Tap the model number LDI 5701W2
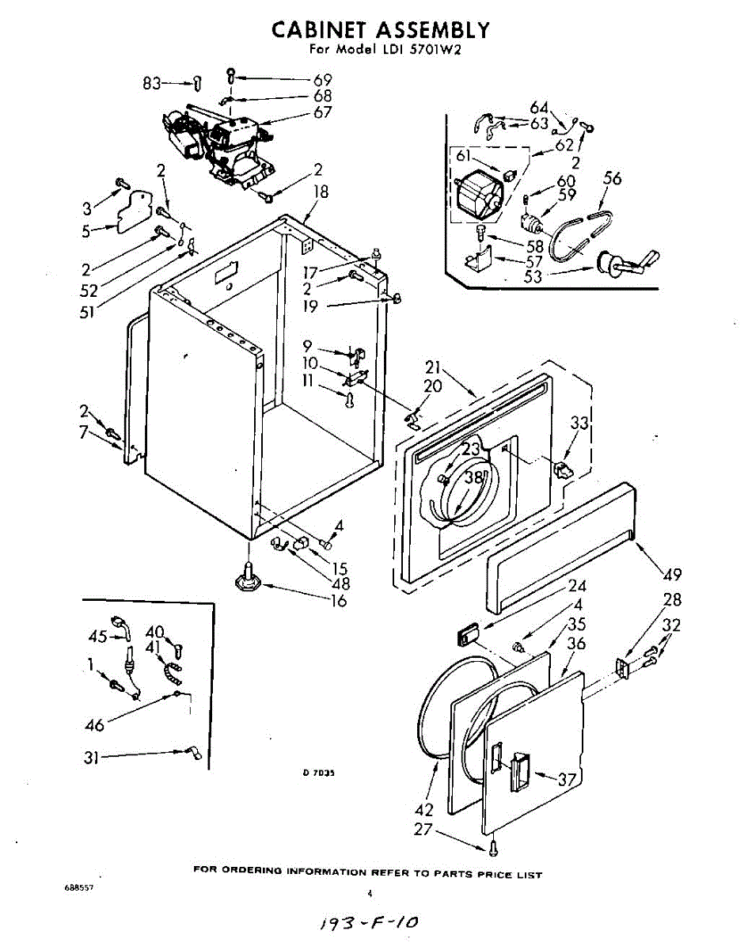(x=417, y=49)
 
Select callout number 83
(x=152, y=83)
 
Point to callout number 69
(x=322, y=80)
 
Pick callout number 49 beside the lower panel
(x=672, y=574)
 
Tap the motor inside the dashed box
(x=479, y=196)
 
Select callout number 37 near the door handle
(x=568, y=779)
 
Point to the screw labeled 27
(x=494, y=848)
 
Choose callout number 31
(x=90, y=758)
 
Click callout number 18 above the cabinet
(x=321, y=192)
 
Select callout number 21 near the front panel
(x=434, y=367)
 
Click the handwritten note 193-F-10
(x=368, y=922)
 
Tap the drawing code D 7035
(x=318, y=773)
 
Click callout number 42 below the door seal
(x=424, y=810)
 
